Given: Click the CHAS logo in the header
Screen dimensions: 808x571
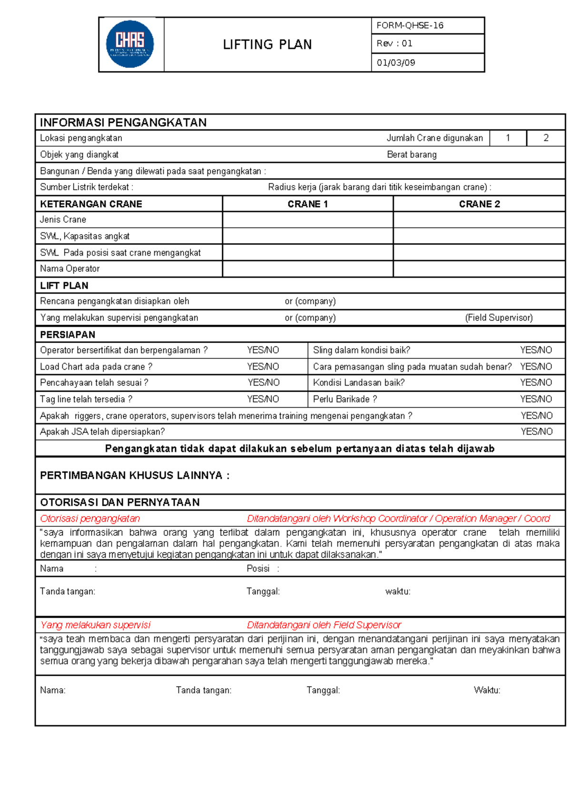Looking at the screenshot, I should click(x=130, y=44).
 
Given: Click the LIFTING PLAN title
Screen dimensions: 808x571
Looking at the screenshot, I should click(x=267, y=45).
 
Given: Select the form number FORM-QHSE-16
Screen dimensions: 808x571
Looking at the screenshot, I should click(x=410, y=26).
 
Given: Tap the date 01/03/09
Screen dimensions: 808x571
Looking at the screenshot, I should click(x=396, y=63).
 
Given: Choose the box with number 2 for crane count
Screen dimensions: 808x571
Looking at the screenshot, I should click(x=546, y=138).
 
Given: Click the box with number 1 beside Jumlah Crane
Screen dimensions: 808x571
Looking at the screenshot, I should click(x=508, y=138).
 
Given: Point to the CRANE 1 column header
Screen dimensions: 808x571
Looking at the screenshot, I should click(x=307, y=204).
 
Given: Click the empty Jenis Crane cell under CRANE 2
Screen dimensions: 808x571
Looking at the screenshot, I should click(x=479, y=220).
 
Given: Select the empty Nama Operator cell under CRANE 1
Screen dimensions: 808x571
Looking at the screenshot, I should click(x=307, y=269).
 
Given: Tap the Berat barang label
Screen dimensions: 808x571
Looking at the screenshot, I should click(x=412, y=155).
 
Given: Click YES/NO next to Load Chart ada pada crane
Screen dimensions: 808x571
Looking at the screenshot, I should click(x=263, y=367).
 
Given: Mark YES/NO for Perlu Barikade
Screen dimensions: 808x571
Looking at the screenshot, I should click(x=536, y=399).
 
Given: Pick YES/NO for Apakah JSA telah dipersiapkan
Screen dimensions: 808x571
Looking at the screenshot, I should click(x=536, y=432).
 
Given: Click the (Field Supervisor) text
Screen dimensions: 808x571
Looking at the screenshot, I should click(x=499, y=318).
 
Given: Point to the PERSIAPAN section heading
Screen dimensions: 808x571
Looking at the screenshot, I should click(x=68, y=335).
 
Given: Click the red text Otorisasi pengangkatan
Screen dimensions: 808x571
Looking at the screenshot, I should click(x=90, y=519).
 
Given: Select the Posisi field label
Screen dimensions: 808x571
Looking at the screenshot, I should click(x=258, y=569).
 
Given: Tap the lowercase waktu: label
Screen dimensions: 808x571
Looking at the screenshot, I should click(x=398, y=591).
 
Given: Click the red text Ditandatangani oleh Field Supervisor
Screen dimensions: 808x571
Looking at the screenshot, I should click(x=324, y=625).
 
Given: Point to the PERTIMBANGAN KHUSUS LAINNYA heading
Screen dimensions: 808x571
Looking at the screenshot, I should click(x=135, y=475).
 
